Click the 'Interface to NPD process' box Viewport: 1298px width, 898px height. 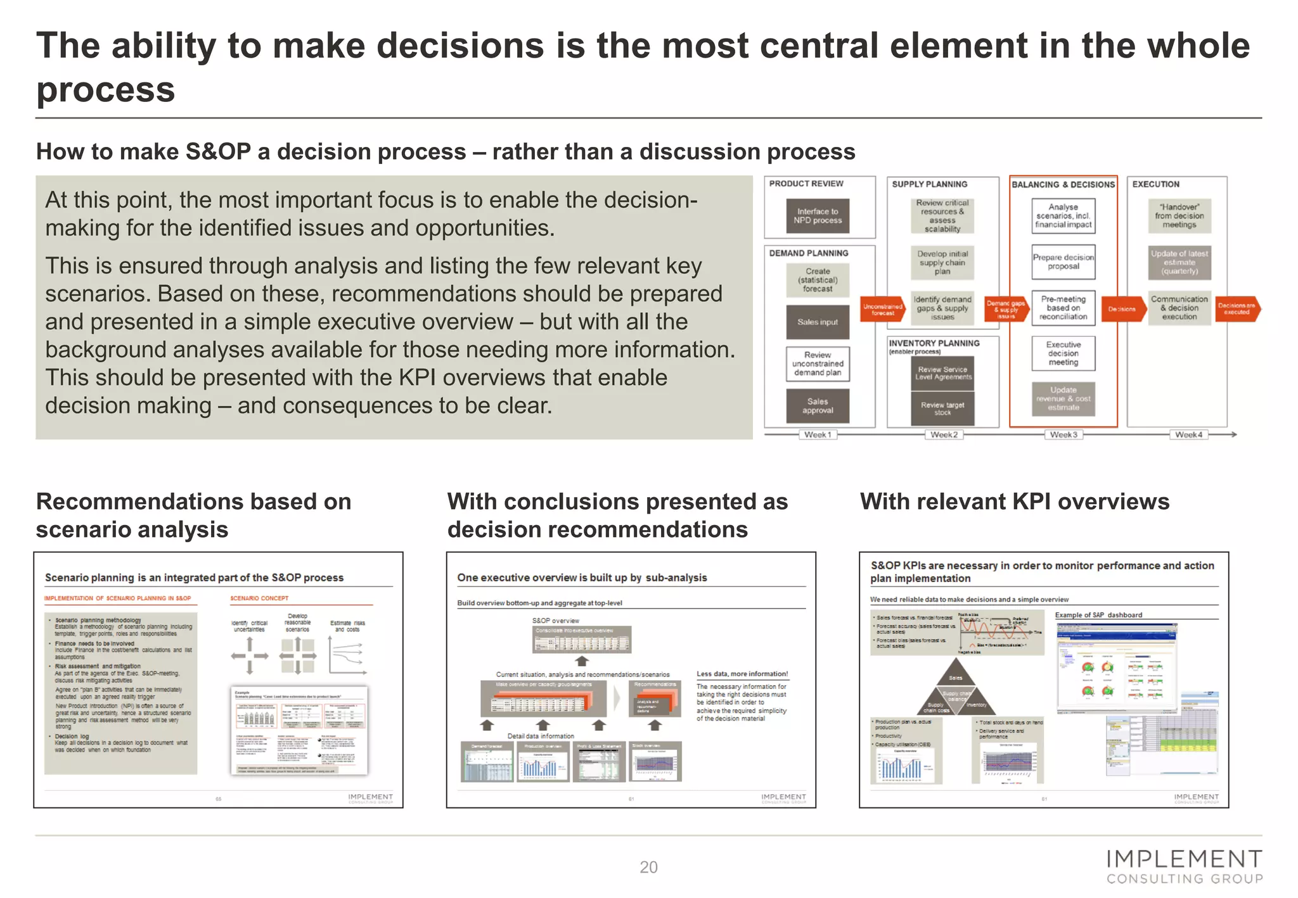(x=818, y=216)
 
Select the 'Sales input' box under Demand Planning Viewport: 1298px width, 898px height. (x=818, y=322)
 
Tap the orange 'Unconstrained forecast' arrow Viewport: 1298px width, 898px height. (x=882, y=309)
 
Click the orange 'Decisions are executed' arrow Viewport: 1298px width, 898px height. (x=1237, y=308)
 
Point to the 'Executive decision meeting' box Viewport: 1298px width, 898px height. (x=1063, y=353)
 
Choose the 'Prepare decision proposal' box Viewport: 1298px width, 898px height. (x=1063, y=262)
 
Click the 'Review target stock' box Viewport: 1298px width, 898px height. (x=942, y=408)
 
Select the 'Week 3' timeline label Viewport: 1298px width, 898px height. (x=1063, y=434)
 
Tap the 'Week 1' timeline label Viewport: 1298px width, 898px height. (x=818, y=434)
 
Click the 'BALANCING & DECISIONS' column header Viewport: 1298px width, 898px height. (x=1063, y=184)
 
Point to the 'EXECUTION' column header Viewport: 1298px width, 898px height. (x=1155, y=184)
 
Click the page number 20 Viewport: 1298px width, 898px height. (x=648, y=867)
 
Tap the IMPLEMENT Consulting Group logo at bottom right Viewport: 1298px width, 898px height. (x=1185, y=867)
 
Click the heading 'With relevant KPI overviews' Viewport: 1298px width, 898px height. (x=1014, y=502)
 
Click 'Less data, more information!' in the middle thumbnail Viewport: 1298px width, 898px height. (x=742, y=674)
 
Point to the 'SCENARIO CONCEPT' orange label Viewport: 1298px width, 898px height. (x=259, y=598)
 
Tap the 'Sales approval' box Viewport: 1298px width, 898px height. (x=818, y=406)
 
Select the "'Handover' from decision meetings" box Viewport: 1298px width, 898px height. (x=1179, y=216)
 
